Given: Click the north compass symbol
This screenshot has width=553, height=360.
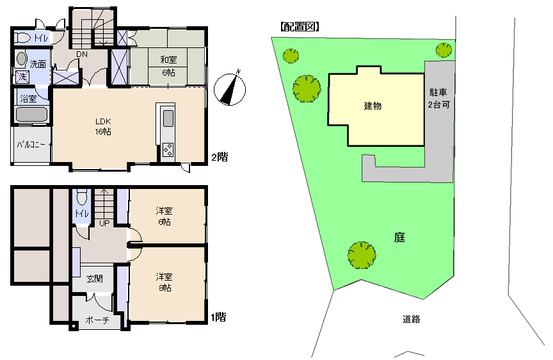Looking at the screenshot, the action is [230, 89].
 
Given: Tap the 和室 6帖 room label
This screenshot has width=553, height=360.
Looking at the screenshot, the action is [168, 66].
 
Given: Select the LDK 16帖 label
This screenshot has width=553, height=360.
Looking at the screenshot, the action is [103, 126].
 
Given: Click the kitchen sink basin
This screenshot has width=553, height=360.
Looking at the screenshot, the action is [168, 119].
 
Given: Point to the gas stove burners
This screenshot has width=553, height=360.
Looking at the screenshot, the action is [168, 150].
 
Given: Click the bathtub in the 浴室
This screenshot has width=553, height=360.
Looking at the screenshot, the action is [32, 115].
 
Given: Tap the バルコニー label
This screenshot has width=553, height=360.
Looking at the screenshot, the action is [31, 144].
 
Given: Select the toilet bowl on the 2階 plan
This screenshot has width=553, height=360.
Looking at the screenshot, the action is [23, 37].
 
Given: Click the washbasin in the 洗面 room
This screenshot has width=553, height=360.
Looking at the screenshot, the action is [22, 59].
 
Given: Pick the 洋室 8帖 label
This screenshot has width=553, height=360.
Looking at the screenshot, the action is [164, 282].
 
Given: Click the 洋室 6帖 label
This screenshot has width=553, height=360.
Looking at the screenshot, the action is [164, 217].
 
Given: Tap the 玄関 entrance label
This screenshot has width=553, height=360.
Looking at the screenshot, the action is [95, 279].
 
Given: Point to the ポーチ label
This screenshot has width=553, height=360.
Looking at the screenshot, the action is [97, 320].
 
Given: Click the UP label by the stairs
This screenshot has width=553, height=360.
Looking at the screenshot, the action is [104, 223].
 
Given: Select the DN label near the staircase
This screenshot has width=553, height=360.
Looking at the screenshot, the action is [82, 54].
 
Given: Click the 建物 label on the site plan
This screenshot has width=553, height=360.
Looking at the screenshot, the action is [373, 106].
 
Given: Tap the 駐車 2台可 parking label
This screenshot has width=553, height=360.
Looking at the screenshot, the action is [438, 98].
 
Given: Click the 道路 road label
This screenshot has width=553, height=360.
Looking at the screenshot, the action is [412, 319].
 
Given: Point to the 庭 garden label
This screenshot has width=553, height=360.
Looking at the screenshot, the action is [399, 237].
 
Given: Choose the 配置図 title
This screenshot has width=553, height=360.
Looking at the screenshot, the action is [300, 26].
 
